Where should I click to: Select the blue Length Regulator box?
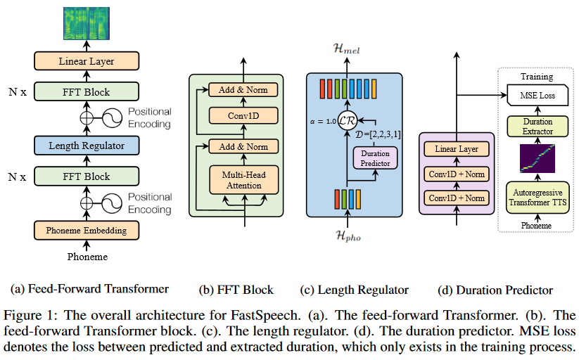point(87,146)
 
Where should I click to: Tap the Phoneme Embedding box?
point(87,230)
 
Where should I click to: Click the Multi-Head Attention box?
point(243,179)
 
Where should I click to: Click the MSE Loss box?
point(535,95)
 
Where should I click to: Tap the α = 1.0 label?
point(323,120)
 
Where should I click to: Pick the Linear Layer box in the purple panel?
point(457,150)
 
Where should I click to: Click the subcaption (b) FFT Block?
point(237,289)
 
